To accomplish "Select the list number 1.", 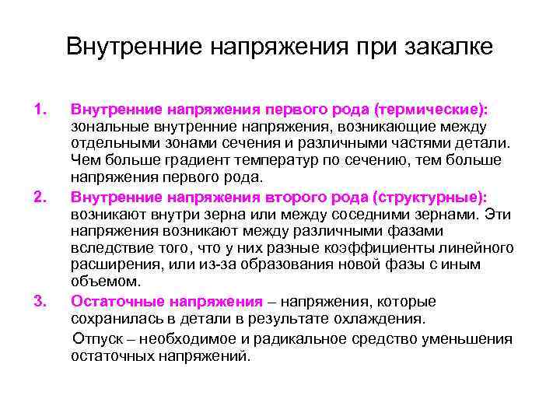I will pos(42,109).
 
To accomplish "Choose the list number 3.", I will pos(42,301).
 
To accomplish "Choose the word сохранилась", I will pos(115,319).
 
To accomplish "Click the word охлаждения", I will pos(381,319).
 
